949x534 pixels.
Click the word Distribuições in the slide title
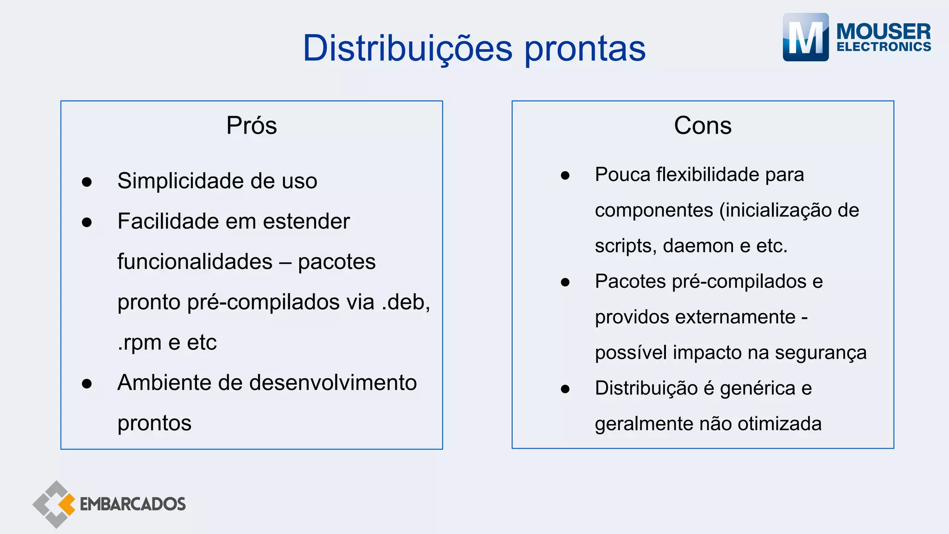(x=407, y=48)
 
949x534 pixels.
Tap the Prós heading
(x=252, y=126)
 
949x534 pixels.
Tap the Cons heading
(x=702, y=126)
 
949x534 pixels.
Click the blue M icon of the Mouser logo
(x=805, y=37)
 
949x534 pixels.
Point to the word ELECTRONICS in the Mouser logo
(x=884, y=47)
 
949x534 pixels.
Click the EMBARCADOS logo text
(x=133, y=504)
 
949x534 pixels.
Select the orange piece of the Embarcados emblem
(x=67, y=504)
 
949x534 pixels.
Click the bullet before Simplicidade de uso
(x=87, y=182)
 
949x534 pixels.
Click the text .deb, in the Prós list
(x=406, y=302)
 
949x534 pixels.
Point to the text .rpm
(x=139, y=343)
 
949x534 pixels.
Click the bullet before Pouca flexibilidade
(x=565, y=176)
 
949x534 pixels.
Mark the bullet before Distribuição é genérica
(x=565, y=389)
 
